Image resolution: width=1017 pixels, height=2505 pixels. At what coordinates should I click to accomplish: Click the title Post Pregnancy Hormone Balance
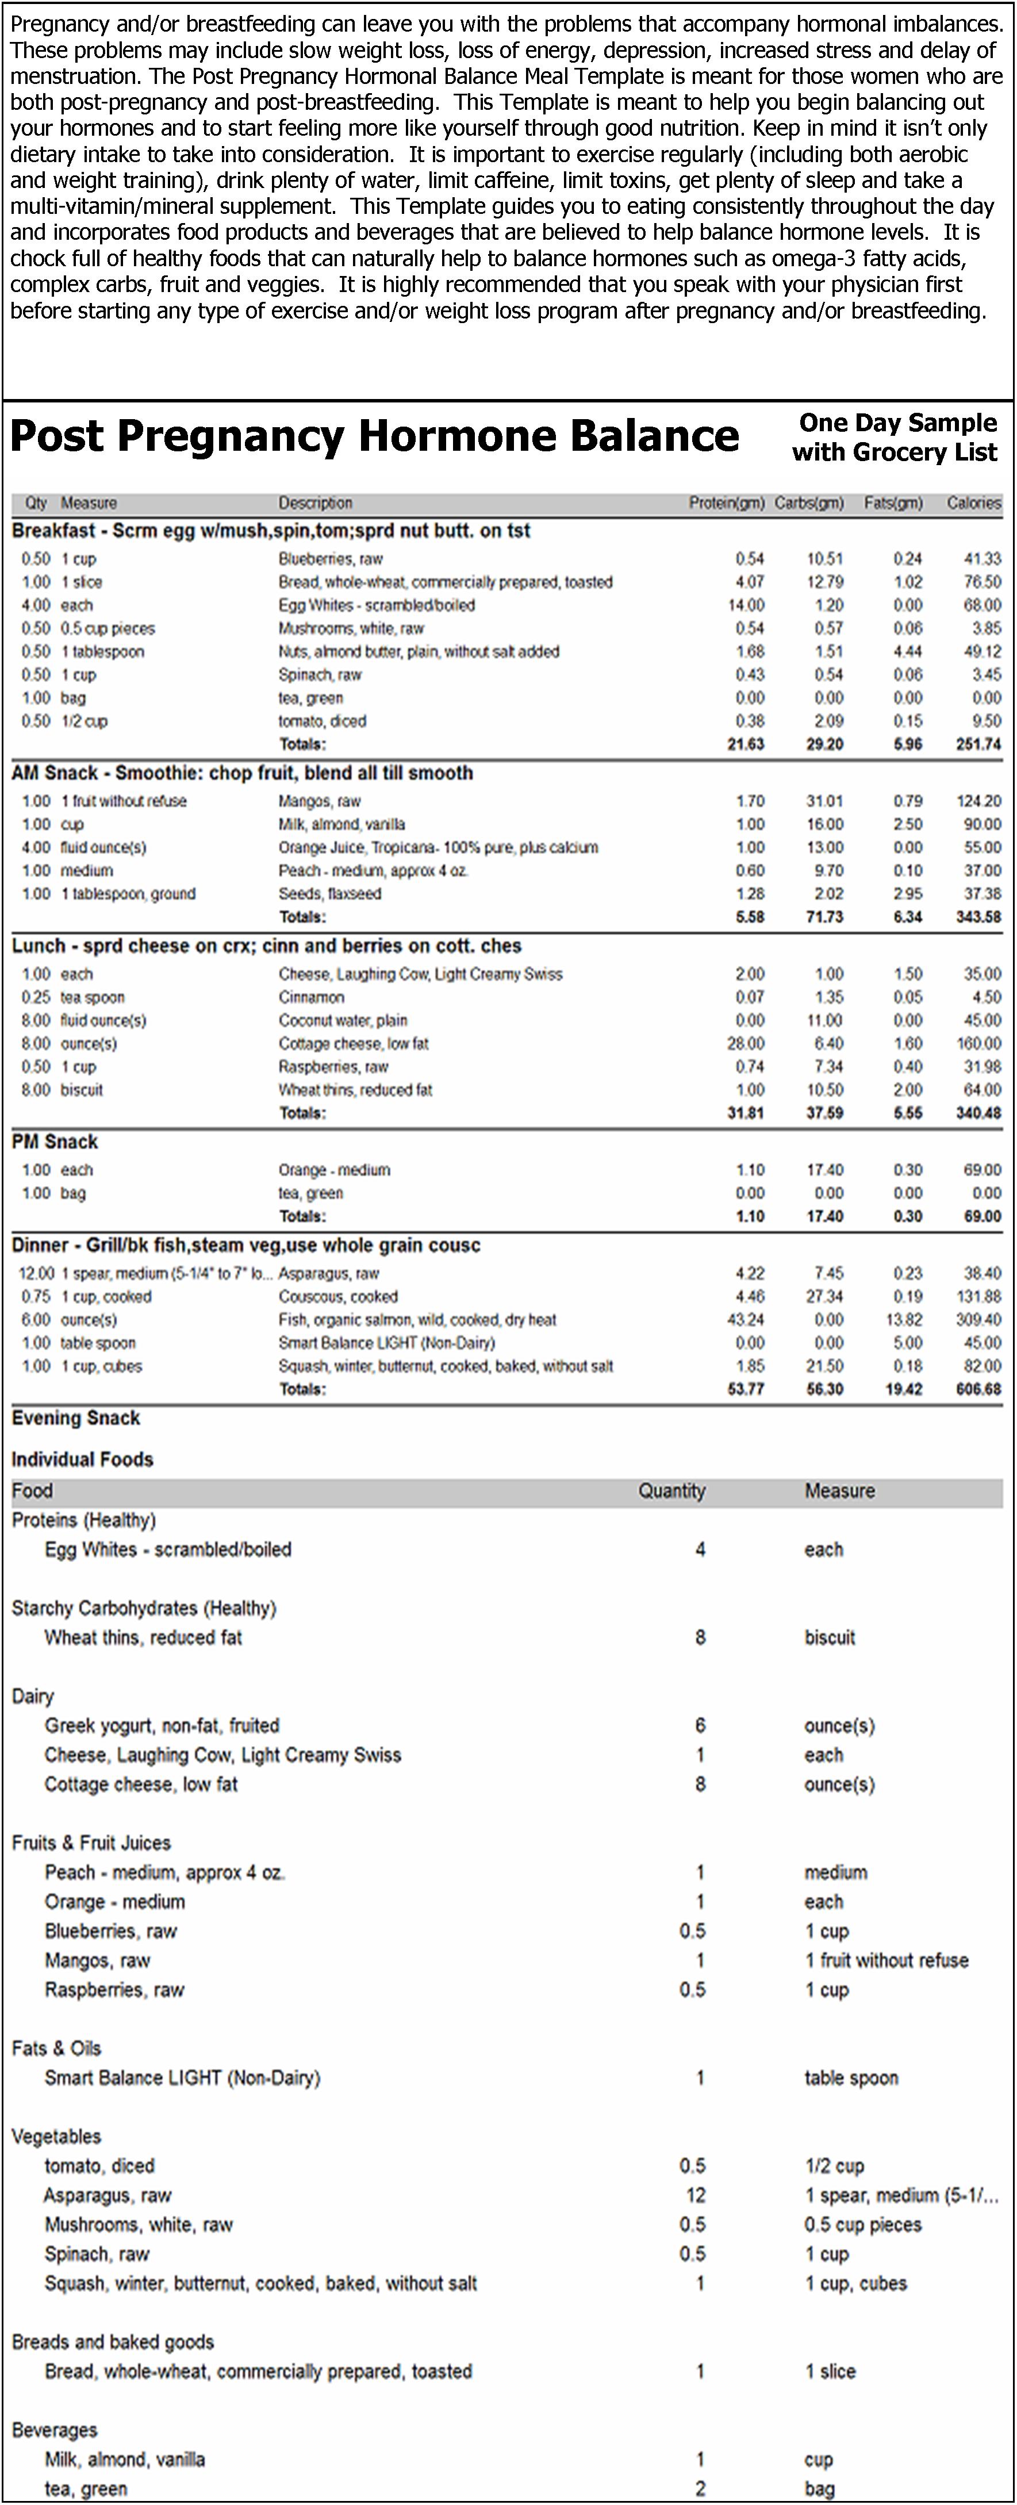pos(374,436)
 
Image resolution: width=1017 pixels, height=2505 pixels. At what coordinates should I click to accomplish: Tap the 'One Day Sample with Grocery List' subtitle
pos(895,438)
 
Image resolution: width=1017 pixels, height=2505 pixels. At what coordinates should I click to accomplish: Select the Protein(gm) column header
pos(726,502)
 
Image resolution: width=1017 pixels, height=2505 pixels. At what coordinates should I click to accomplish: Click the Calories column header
pos(973,502)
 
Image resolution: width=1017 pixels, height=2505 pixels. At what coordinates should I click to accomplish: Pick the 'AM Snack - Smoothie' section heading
pos(242,773)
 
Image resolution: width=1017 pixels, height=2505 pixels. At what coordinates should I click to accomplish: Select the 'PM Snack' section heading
pos(55,1142)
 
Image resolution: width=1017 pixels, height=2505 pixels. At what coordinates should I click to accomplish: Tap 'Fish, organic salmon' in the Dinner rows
pos(417,1319)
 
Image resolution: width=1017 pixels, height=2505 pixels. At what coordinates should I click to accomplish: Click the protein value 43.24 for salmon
pos(746,1319)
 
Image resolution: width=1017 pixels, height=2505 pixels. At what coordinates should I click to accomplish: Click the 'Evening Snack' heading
pos(76,1418)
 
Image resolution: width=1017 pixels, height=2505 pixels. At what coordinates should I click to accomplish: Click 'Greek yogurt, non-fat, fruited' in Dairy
pos(162,1725)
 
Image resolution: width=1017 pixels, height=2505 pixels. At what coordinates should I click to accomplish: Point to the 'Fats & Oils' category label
pos(56,2048)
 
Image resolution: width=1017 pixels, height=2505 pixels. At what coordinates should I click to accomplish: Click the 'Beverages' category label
pos(55,2430)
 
